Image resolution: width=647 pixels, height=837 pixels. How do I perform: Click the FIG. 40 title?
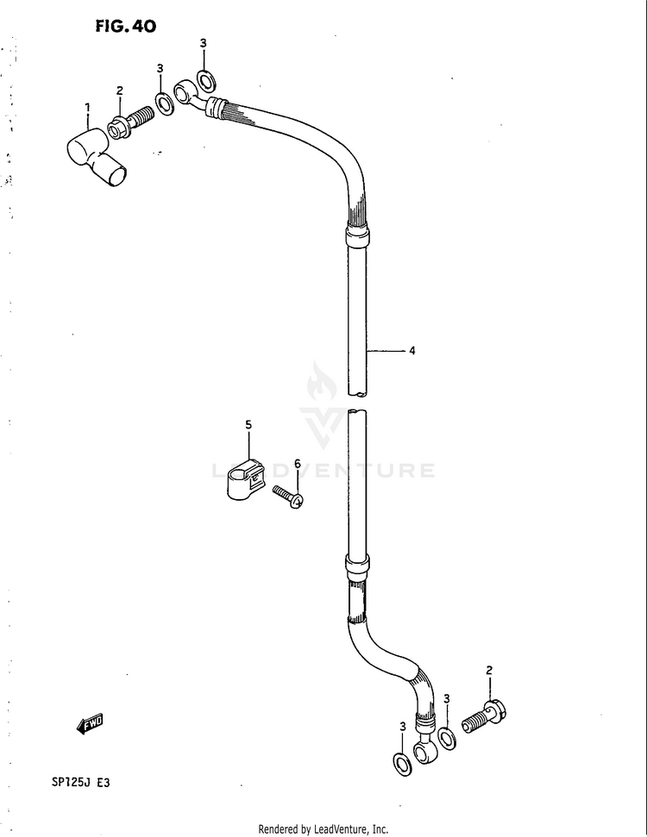(125, 27)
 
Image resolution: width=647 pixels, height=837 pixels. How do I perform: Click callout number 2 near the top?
(120, 91)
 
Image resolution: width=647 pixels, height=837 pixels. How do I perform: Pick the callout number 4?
(412, 351)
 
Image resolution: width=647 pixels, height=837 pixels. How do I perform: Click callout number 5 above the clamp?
(248, 425)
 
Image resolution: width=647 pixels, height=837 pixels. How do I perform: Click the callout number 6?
(297, 464)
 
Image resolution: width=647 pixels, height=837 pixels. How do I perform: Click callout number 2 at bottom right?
(489, 670)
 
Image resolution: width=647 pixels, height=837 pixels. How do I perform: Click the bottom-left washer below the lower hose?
(401, 763)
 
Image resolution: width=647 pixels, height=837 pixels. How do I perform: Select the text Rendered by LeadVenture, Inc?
(323, 829)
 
